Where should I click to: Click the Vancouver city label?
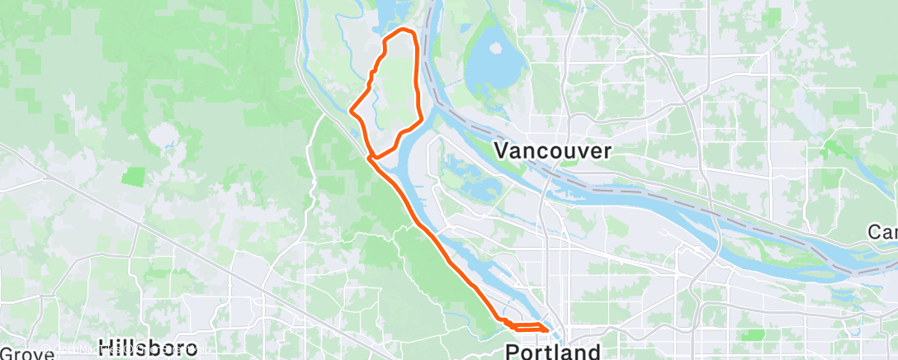[553, 150]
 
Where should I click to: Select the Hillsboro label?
[148, 347]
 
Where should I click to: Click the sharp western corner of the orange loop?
[352, 110]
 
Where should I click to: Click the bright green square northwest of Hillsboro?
[133, 176]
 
